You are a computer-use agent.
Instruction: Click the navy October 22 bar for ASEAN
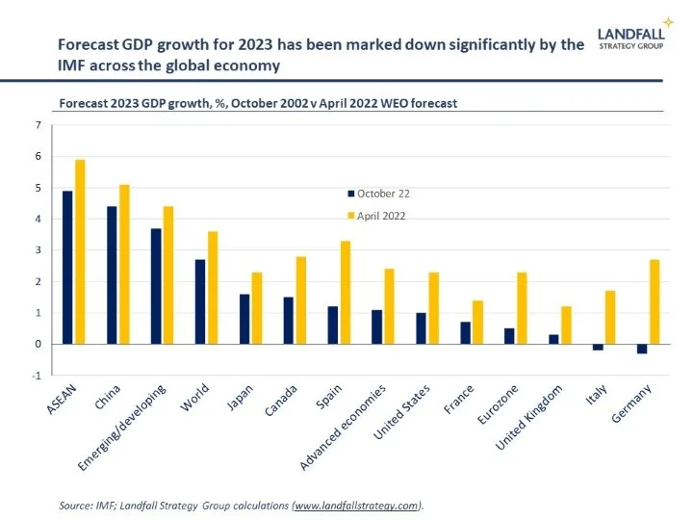[67, 267]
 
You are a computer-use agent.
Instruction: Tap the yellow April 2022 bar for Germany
[654, 301]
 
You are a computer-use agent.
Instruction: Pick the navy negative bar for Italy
[598, 347]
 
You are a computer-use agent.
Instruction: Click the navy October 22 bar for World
[200, 301]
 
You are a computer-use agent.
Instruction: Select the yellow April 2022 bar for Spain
[345, 292]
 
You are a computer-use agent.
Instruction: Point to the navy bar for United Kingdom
[553, 339]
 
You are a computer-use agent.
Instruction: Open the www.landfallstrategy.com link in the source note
[362, 505]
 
